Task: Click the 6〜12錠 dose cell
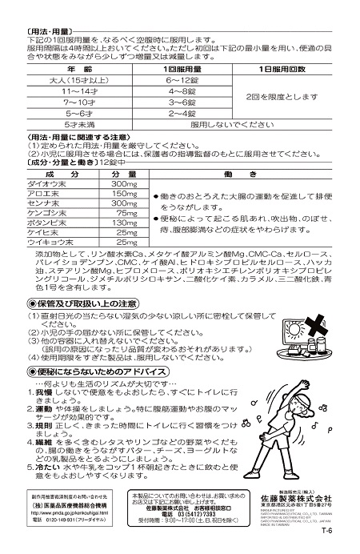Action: [182, 82]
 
